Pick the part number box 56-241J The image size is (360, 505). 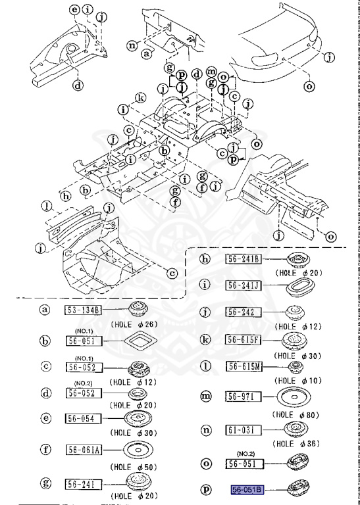[244, 285]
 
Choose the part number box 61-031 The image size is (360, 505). [244, 430]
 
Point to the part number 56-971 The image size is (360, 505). [244, 397]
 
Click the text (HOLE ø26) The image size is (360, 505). [134, 324]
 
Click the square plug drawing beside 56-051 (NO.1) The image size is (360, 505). [140, 341]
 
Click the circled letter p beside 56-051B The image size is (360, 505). [206, 489]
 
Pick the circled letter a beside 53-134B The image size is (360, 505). [45, 310]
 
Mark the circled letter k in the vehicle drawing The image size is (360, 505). [140, 99]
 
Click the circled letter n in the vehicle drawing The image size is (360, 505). [132, 45]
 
